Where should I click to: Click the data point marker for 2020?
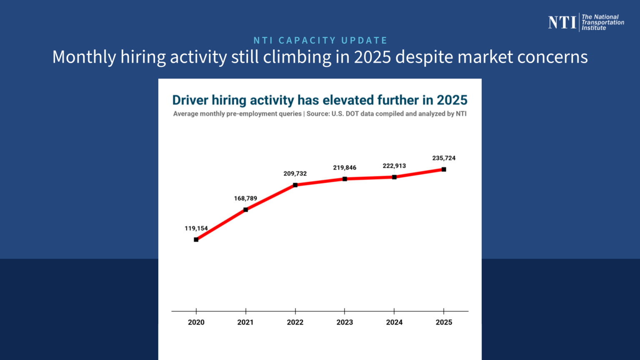[196, 240]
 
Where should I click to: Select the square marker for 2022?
[295, 185]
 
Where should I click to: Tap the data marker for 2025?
[444, 170]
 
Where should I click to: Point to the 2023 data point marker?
[345, 179]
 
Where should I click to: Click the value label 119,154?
[196, 228]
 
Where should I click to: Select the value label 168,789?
[245, 198]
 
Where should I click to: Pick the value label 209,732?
[295, 174]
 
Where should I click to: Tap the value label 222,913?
[394, 166]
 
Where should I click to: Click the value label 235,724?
[444, 158]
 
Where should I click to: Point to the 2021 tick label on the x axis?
[245, 322]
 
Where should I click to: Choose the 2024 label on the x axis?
[394, 322]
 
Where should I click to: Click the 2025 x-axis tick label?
[444, 322]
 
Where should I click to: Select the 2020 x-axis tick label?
[196, 322]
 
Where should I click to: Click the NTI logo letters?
[562, 22]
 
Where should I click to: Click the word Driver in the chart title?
[190, 100]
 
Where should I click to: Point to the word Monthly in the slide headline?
[84, 57]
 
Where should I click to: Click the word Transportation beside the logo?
[603, 22]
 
